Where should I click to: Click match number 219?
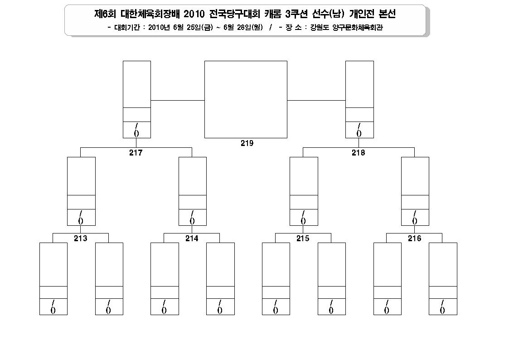click(x=247, y=143)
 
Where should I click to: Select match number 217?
click(x=136, y=153)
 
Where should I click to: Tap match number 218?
click(x=359, y=153)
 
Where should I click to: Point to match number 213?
click(x=81, y=238)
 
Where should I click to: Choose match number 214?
click(x=192, y=238)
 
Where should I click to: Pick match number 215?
click(x=303, y=238)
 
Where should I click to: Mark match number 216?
click(x=415, y=238)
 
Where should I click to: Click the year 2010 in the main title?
click(x=194, y=14)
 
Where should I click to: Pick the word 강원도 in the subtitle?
click(x=320, y=28)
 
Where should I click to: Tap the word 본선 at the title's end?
click(x=387, y=14)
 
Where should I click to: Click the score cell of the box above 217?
click(x=137, y=130)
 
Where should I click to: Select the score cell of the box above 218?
click(x=359, y=130)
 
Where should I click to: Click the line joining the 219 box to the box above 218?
click(x=316, y=100)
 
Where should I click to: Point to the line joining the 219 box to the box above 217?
click(x=178, y=100)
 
